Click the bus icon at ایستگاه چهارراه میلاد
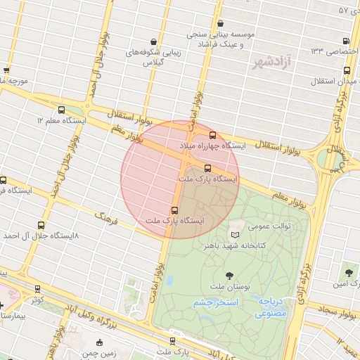click(x=212, y=136)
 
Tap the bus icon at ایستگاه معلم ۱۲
click(x=61, y=110)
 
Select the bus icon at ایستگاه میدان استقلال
click(x=347, y=70)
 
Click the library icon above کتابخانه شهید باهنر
click(x=235, y=233)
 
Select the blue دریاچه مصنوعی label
click(x=270, y=307)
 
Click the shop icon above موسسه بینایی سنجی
click(x=221, y=22)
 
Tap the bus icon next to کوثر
click(x=37, y=288)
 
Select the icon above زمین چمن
click(x=99, y=342)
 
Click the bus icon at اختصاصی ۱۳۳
click(x=345, y=41)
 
